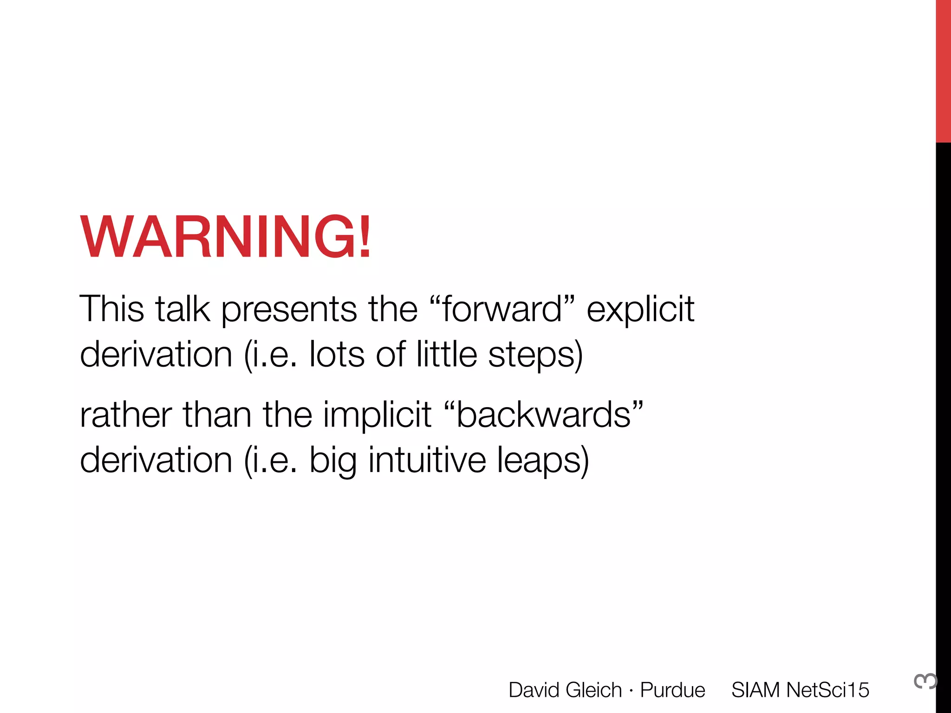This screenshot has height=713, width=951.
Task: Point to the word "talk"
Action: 182,309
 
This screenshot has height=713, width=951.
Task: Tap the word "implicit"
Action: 377,415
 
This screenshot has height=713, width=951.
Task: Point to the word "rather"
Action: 126,415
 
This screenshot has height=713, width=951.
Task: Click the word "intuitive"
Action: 427,460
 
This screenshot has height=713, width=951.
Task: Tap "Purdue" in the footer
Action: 672,690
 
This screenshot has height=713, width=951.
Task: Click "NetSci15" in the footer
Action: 827,690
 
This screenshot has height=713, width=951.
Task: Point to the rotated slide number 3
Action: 925,681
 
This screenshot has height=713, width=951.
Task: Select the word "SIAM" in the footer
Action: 756,690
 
